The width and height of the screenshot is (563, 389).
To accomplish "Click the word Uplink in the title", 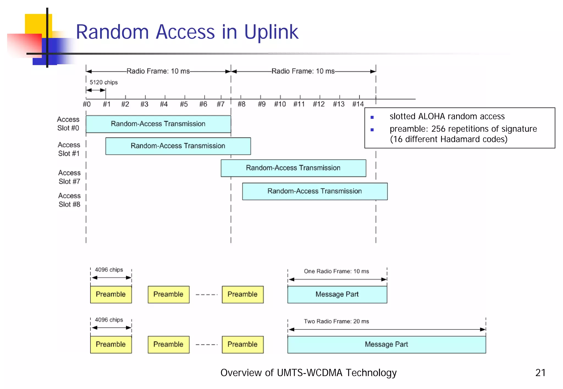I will click(271, 32).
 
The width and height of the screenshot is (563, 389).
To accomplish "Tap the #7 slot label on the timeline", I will click(220, 104).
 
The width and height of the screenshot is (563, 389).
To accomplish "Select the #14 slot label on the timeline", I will click(358, 104).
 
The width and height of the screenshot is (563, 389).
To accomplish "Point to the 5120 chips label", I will click(104, 82).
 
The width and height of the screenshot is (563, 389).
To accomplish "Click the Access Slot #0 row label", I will click(68, 124).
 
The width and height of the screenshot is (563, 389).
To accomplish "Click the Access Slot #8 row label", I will click(69, 200).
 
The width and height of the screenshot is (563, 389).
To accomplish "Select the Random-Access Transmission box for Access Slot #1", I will click(178, 146).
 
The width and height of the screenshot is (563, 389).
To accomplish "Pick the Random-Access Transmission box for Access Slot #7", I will click(293, 168).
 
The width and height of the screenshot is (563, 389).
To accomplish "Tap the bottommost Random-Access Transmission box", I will click(314, 191).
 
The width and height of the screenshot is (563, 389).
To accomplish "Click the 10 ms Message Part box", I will click(337, 294).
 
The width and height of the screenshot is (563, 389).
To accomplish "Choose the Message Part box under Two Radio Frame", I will click(386, 344).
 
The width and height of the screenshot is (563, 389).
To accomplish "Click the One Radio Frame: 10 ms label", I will click(336, 271).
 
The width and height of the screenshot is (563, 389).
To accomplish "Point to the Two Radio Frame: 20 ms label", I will click(336, 321).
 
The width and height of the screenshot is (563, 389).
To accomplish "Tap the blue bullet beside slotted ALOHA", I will click(372, 117).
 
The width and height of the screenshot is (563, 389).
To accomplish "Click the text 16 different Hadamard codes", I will click(449, 139).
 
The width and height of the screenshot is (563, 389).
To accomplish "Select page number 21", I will click(540, 373).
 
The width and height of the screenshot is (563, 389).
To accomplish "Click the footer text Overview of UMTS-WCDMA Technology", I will click(308, 373).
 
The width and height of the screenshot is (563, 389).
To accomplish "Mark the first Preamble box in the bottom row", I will click(111, 344).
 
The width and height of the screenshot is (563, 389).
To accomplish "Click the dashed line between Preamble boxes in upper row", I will click(206, 294).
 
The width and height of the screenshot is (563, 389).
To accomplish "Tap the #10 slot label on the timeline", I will click(280, 104).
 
